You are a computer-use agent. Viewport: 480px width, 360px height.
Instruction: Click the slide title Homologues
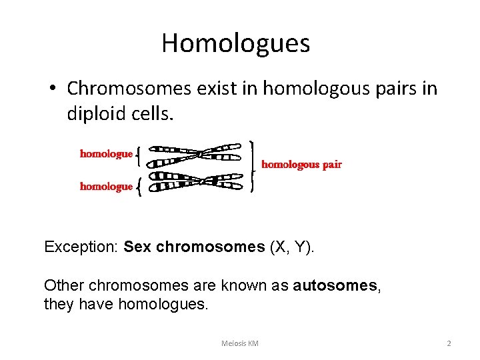pos(235,43)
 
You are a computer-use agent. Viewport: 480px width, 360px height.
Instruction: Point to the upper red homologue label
pos(106,154)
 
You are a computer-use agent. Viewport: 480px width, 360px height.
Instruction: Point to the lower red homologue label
pos(106,187)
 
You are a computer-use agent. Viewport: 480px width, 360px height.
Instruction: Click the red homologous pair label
pos(301,165)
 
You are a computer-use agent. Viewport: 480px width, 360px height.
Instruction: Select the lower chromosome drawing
pos(194,181)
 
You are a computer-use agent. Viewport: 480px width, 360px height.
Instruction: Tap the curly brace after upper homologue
pos(138,155)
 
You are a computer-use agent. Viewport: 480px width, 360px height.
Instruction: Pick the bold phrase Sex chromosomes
pos(195,247)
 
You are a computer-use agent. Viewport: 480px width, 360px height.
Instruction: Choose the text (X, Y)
pos(291,247)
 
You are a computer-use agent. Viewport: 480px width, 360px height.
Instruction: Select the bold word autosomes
pos(335,286)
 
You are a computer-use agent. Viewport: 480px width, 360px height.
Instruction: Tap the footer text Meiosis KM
pos(239,343)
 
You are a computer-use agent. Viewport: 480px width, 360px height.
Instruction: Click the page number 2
pos(449,343)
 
